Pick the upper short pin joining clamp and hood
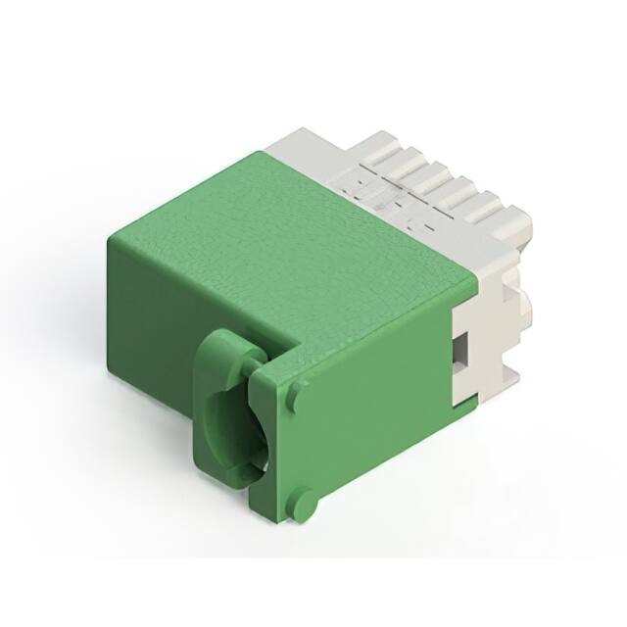pyautogui.click(x=259, y=367)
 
